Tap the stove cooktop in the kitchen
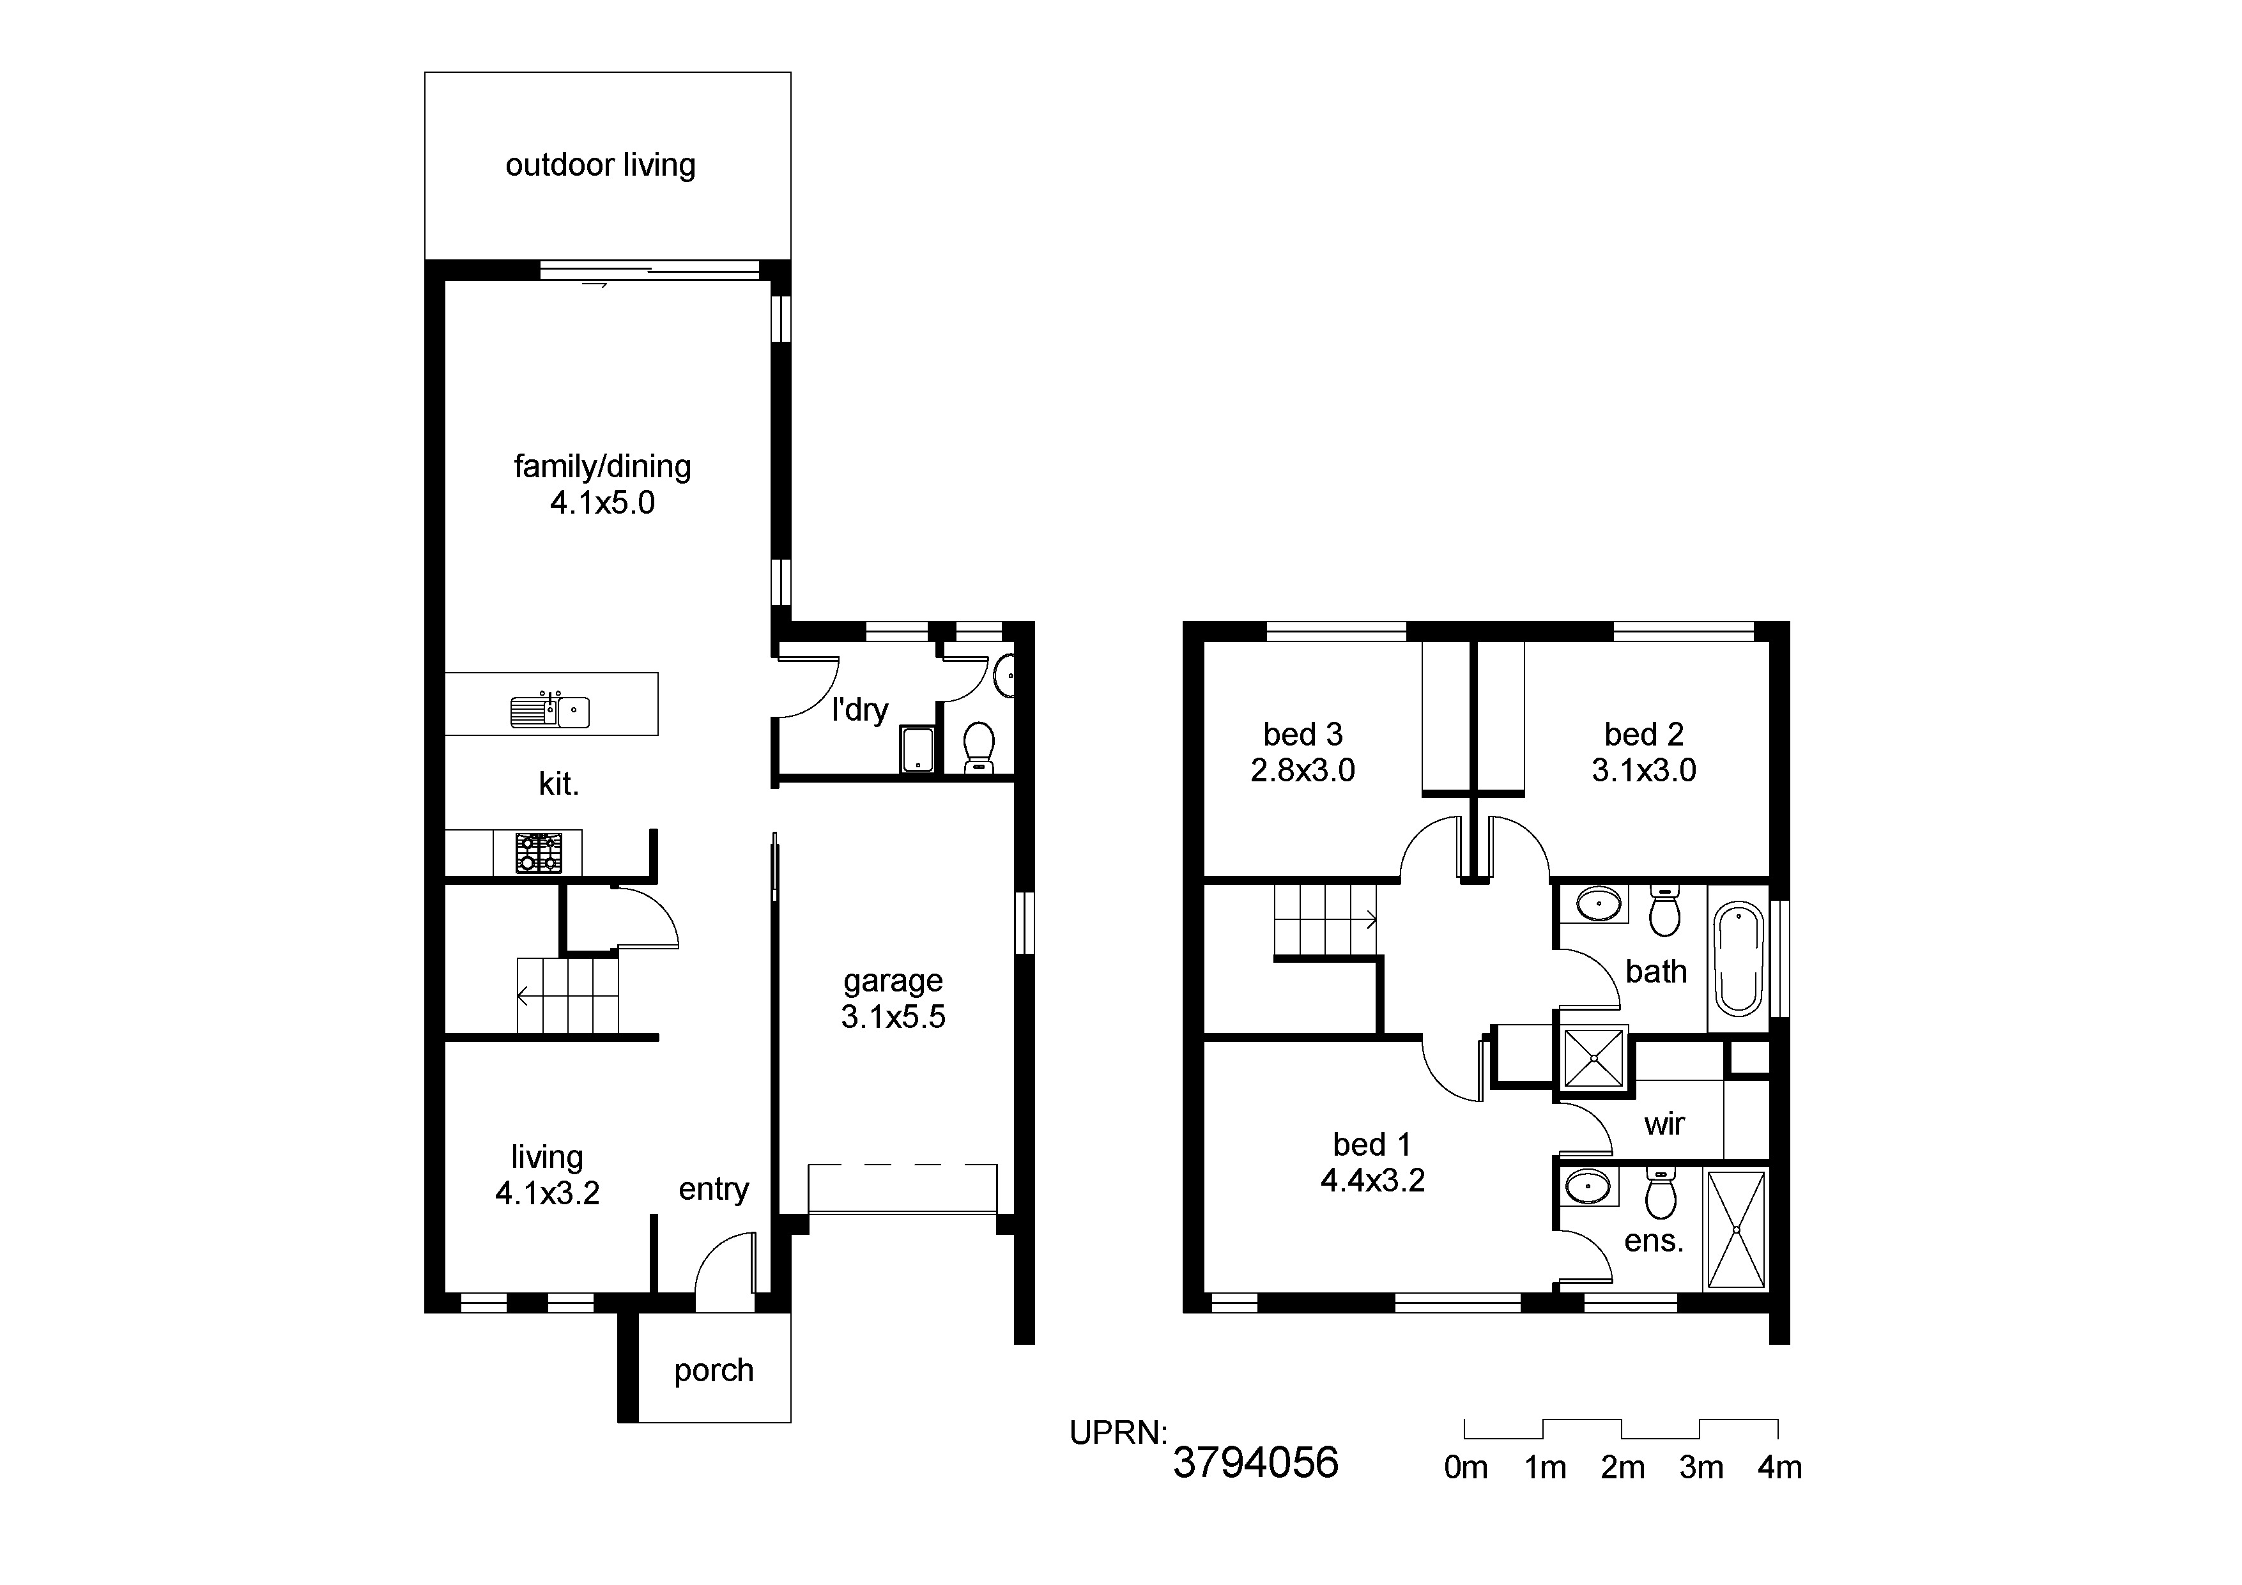(x=539, y=853)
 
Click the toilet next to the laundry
(x=978, y=747)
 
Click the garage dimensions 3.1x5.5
(x=893, y=1016)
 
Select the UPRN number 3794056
(x=1255, y=1462)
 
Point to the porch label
(x=714, y=1371)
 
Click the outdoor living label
(x=601, y=165)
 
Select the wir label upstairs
(x=1665, y=1124)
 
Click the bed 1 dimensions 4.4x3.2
(x=1373, y=1181)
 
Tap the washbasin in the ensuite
(x=1588, y=1188)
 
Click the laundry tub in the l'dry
(x=917, y=749)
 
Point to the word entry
(x=714, y=1190)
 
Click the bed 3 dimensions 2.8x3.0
(x=1303, y=770)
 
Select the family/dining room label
(x=603, y=467)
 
